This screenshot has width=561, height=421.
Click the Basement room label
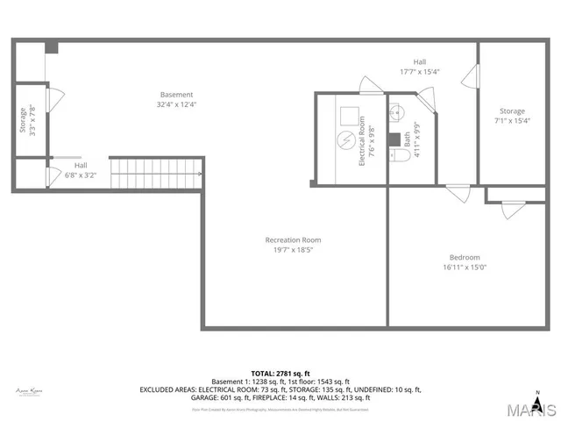point(176,95)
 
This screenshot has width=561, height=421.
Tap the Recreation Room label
point(293,239)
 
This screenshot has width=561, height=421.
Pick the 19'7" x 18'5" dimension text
point(293,250)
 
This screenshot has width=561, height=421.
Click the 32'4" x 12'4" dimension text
point(176,105)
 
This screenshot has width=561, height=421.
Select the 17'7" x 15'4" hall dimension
point(420,72)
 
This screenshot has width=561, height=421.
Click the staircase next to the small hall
point(156,174)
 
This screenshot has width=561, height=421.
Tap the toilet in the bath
point(400,156)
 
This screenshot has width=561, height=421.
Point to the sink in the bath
point(395,111)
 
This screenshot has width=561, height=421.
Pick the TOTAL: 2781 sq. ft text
point(280,374)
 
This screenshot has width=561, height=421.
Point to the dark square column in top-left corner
point(52,47)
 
